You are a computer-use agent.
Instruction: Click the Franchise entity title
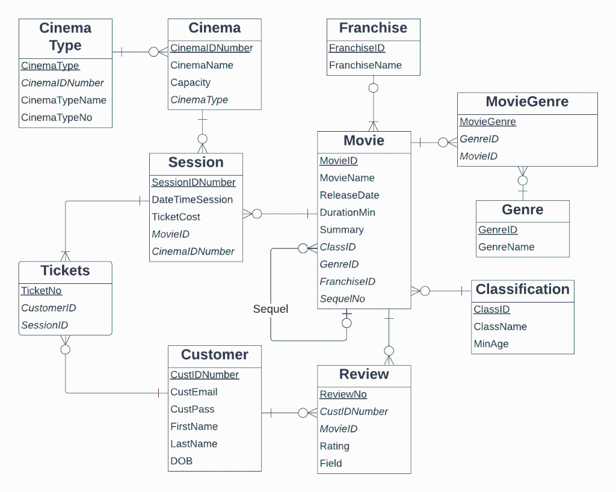click(373, 28)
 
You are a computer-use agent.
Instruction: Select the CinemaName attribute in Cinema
click(202, 65)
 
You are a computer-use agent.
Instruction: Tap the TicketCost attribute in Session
click(176, 217)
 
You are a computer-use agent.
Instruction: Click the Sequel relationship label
click(271, 309)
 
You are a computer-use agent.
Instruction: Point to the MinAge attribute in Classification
click(491, 344)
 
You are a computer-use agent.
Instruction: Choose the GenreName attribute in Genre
click(506, 247)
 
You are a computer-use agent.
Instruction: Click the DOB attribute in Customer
click(181, 461)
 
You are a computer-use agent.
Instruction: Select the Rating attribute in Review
click(334, 446)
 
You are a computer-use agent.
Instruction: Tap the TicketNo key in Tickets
click(42, 291)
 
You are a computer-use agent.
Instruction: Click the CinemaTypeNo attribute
click(57, 118)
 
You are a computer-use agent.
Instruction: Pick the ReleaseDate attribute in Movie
click(350, 195)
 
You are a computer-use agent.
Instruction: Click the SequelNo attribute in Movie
click(342, 299)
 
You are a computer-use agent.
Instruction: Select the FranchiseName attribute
click(365, 66)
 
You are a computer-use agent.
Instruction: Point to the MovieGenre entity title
click(527, 102)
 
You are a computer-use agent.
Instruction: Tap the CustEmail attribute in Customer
click(194, 392)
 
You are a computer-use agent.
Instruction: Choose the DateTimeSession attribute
click(192, 200)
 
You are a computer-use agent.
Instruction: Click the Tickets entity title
click(65, 271)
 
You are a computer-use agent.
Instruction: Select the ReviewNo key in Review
click(343, 395)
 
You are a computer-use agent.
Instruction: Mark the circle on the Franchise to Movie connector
click(373, 88)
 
